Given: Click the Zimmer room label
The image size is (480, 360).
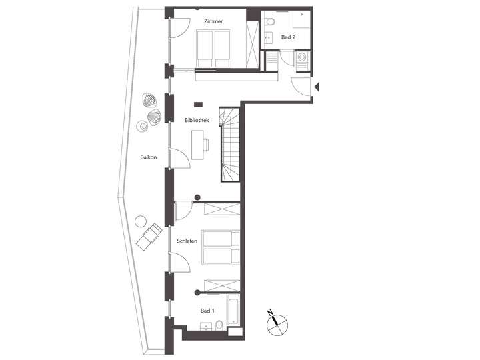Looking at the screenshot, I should click(x=214, y=21).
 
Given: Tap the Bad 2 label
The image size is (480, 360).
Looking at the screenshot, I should click(x=288, y=38).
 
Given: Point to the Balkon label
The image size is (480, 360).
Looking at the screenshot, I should click(x=148, y=157).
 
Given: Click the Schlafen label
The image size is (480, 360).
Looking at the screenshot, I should click(x=187, y=241).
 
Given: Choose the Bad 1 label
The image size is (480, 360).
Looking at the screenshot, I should click(x=207, y=311).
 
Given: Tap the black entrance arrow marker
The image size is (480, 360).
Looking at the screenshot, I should click(x=318, y=87).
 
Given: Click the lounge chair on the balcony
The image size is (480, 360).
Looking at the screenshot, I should click(x=149, y=236).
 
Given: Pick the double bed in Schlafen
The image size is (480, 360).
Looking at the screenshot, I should click(x=221, y=247).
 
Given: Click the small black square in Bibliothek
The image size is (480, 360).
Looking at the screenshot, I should click(x=198, y=104).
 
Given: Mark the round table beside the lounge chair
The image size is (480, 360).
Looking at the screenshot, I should click(x=140, y=221).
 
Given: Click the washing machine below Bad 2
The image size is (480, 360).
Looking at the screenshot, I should click(x=302, y=61).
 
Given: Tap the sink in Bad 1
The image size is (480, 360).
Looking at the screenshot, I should click(x=219, y=326).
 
